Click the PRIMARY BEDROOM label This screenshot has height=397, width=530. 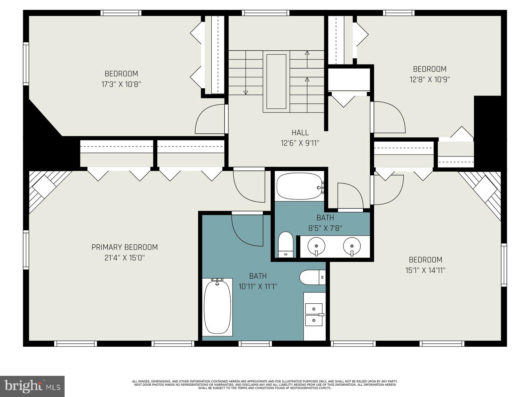(125, 247)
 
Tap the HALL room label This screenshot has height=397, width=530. (300, 133)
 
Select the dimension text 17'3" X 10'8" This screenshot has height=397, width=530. (121, 84)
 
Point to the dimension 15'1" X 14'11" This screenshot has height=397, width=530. (425, 270)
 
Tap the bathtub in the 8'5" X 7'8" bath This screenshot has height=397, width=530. (300, 186)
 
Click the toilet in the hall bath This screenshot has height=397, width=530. (286, 244)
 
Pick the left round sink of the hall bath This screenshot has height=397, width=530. (316, 246)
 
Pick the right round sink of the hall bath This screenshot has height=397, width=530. (351, 246)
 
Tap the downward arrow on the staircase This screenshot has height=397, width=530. (245, 92)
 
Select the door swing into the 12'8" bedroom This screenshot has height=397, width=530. (388, 117)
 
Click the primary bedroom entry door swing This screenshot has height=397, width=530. (248, 185)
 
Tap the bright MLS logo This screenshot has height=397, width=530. (32, 386)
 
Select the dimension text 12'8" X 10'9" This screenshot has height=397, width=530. (430, 80)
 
